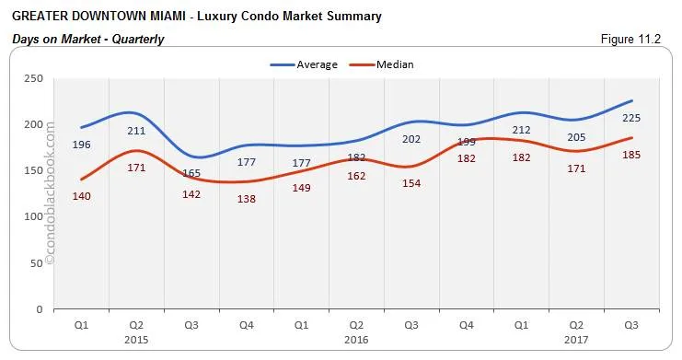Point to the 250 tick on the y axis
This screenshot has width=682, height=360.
pyautogui.click(x=34, y=79)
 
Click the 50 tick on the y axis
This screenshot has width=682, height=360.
pyautogui.click(x=37, y=263)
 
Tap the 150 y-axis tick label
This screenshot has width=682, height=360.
pyautogui.click(x=34, y=171)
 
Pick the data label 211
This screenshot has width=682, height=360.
pyautogui.click(x=135, y=131)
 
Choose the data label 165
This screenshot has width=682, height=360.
pyautogui.click(x=191, y=173)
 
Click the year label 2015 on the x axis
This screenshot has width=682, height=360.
pyautogui.click(x=135, y=339)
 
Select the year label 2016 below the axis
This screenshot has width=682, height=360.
pyautogui.click(x=355, y=339)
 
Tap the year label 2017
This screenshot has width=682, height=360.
pyautogui.click(x=575, y=339)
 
